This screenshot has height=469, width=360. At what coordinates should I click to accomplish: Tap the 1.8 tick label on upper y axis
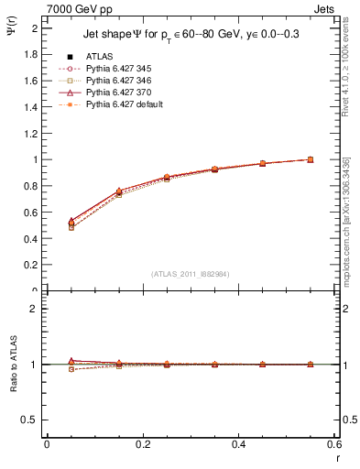[x=30, y=54]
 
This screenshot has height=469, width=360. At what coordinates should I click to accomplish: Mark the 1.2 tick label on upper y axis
[x=30, y=133]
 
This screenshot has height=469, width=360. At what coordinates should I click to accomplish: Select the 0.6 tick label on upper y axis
[x=30, y=213]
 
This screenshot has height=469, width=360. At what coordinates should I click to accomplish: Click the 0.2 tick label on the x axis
[x=142, y=443]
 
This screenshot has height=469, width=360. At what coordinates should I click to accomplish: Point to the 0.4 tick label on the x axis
[x=238, y=443]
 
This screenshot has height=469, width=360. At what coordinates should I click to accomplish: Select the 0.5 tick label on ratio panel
[x=30, y=420]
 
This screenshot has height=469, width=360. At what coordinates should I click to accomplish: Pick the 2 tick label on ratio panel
[x=34, y=309]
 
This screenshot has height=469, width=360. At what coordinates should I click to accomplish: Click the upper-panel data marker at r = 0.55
[x=311, y=159]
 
